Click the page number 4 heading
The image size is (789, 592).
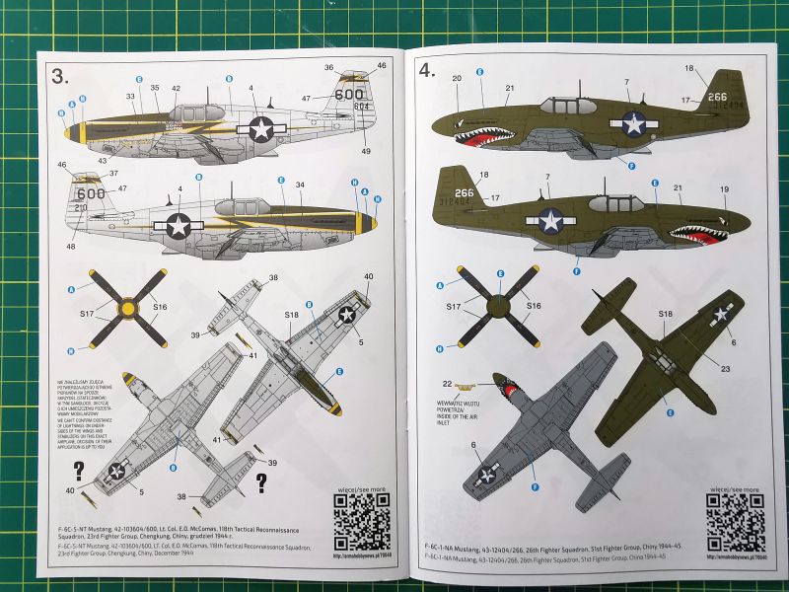coord(426,70)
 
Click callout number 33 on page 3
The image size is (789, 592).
coord(130,96)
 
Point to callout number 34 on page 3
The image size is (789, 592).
coord(300,185)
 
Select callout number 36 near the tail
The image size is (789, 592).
coord(328,67)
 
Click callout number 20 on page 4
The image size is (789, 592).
coord(457,79)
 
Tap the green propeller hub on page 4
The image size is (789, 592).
coord(498,306)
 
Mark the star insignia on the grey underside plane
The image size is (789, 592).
coord(485,474)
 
